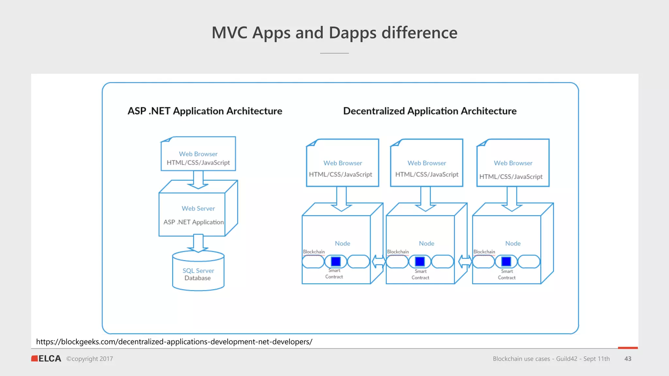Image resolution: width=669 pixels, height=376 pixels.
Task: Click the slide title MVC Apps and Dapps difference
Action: click(334, 33)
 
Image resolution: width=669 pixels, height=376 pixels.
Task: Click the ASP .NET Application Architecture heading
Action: click(205, 111)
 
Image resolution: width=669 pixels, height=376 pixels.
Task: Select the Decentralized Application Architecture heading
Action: click(430, 111)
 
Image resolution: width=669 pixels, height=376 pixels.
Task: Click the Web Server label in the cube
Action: click(198, 208)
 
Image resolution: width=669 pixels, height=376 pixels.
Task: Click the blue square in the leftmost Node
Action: click(335, 261)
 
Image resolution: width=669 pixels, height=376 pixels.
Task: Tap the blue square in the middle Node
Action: click(420, 261)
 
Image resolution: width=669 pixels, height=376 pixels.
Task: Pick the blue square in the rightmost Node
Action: click(506, 261)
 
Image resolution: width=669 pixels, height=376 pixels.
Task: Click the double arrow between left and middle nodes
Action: click(378, 261)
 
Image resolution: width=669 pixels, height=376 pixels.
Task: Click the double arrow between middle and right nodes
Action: click(465, 261)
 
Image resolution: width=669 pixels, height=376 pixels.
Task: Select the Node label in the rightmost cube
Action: click(513, 243)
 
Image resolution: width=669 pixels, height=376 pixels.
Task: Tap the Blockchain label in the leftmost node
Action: click(314, 252)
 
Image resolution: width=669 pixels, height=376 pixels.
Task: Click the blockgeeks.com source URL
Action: click(174, 342)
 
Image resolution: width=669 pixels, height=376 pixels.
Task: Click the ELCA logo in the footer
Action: click(46, 358)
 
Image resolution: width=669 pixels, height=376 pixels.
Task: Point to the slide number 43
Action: click(628, 359)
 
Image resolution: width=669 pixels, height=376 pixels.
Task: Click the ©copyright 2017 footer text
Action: click(90, 359)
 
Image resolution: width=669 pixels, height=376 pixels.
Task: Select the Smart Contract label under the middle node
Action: click(420, 274)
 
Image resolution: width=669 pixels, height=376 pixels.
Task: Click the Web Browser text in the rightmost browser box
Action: click(513, 163)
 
